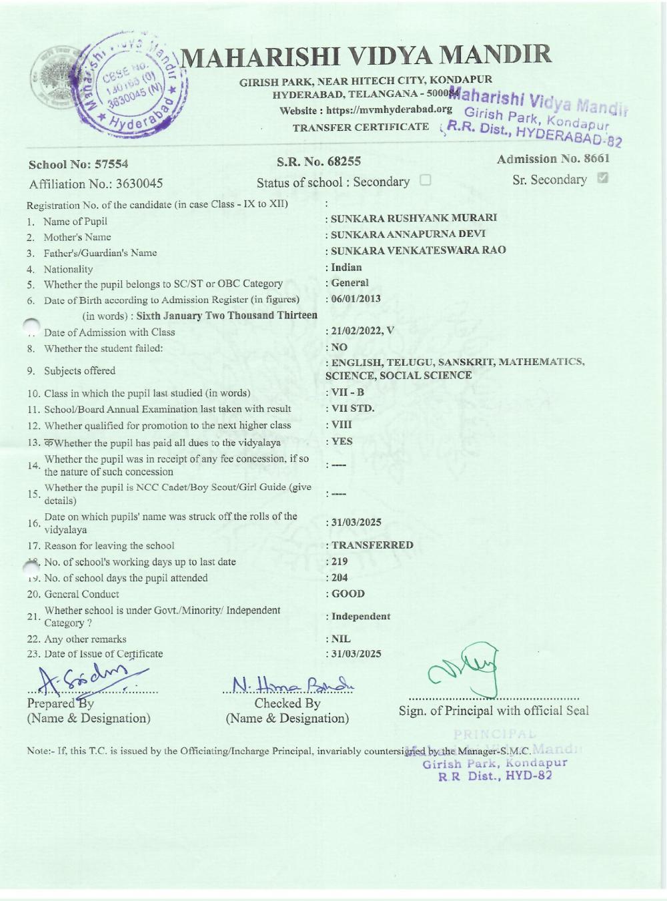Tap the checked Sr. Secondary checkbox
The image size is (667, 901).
(x=603, y=178)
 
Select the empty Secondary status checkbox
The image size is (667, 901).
(x=426, y=180)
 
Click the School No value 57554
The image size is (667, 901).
(x=111, y=164)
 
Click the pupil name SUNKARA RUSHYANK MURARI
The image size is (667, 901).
(x=414, y=218)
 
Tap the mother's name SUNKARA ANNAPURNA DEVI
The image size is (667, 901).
(x=408, y=234)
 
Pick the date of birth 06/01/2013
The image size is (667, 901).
(x=356, y=298)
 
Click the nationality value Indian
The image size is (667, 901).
(x=346, y=267)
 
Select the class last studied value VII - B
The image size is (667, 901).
(x=348, y=392)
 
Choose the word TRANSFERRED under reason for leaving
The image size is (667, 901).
(x=372, y=545)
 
